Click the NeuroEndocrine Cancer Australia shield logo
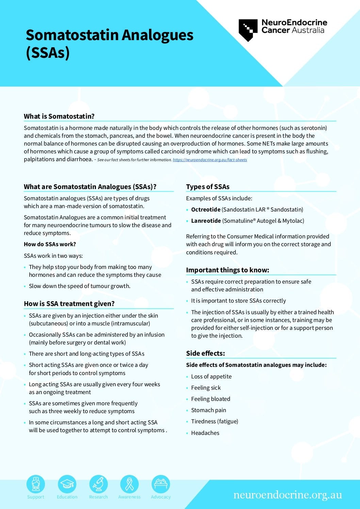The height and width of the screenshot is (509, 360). coord(248,30)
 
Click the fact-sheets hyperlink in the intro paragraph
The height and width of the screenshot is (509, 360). coord(210,160)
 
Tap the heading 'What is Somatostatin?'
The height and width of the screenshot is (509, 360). coord(59,116)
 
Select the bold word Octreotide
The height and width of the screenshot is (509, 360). coord(206,209)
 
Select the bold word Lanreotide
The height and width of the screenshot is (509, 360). coord(206,221)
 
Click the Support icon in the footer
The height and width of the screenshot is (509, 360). coord(36,484)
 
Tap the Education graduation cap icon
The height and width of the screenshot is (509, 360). coord(67,484)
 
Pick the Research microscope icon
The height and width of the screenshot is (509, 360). coord(98,484)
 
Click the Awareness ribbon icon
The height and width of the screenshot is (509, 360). coord(129,484)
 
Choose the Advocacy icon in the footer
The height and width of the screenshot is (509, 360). coord(161,484)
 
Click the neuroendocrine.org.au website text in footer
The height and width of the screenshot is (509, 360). coord(288,495)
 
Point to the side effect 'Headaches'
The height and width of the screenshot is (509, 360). coord(205,433)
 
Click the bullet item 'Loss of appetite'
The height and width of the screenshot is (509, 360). coord(211,376)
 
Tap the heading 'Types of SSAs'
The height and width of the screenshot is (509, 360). coord(208,187)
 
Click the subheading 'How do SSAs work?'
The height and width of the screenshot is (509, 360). coord(50,244)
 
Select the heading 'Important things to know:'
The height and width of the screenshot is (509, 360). coord(227,270)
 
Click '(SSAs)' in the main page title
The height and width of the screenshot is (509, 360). coord(48,53)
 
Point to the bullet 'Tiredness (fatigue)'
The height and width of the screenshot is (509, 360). coord(214,421)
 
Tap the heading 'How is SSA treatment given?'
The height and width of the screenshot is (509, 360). coord(69,304)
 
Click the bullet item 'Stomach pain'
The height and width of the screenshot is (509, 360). coord(209,410)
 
